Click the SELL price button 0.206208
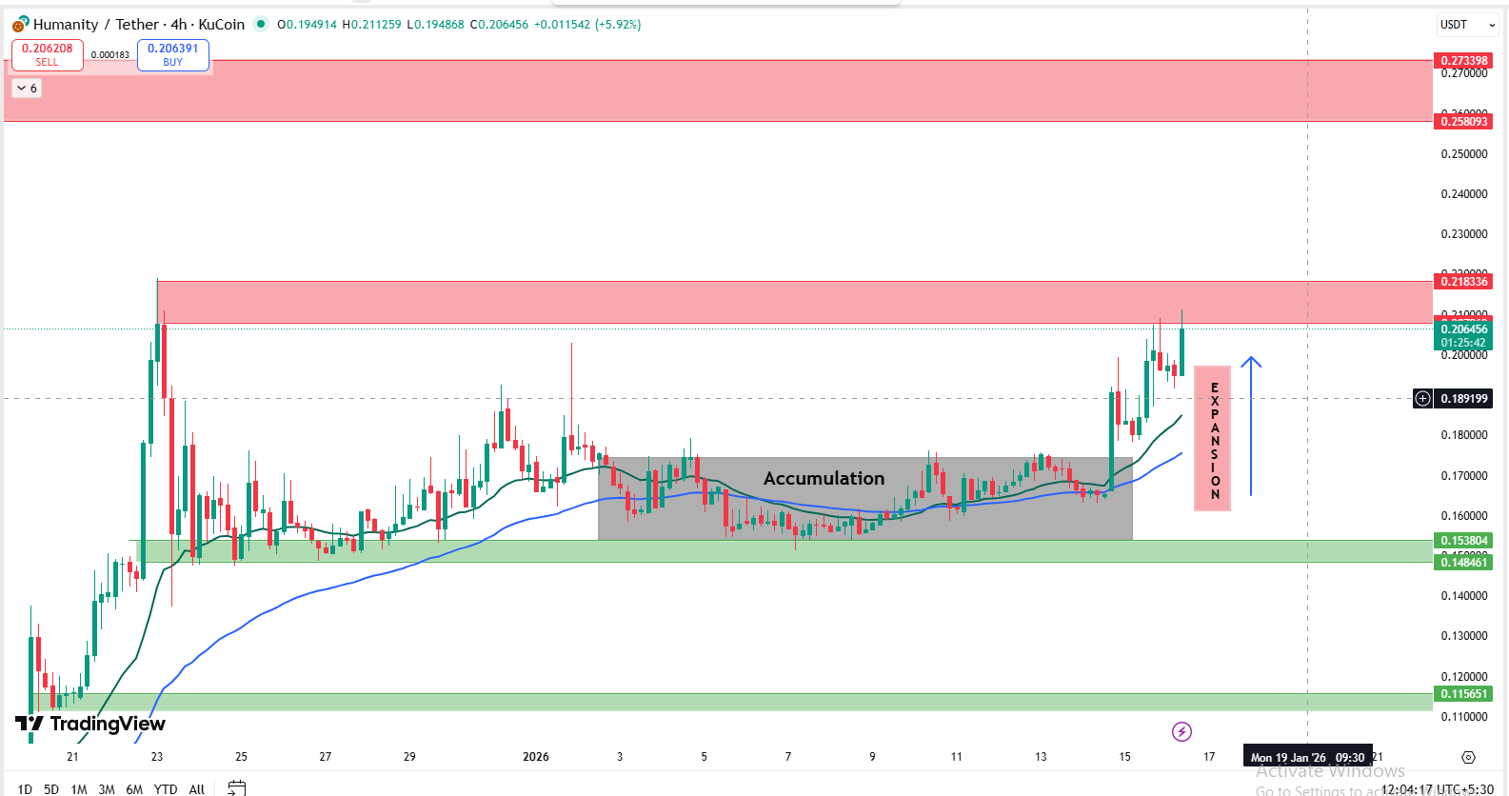click(47, 54)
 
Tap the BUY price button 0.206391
click(172, 54)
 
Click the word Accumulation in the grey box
click(824, 478)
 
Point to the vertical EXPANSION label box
click(1212, 439)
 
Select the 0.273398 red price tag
click(1463, 61)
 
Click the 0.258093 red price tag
click(1463, 122)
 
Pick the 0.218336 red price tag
click(1463, 282)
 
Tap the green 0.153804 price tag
click(1463, 541)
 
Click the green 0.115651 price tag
click(1463, 694)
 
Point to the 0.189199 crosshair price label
click(1463, 399)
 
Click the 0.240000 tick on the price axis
click(1463, 194)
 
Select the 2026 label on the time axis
click(536, 757)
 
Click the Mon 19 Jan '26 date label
click(1307, 758)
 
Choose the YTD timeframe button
click(166, 788)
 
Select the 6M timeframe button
click(134, 788)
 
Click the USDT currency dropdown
click(1467, 25)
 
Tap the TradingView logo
click(90, 725)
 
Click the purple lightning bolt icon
click(1181, 731)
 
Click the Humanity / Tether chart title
click(139, 25)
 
